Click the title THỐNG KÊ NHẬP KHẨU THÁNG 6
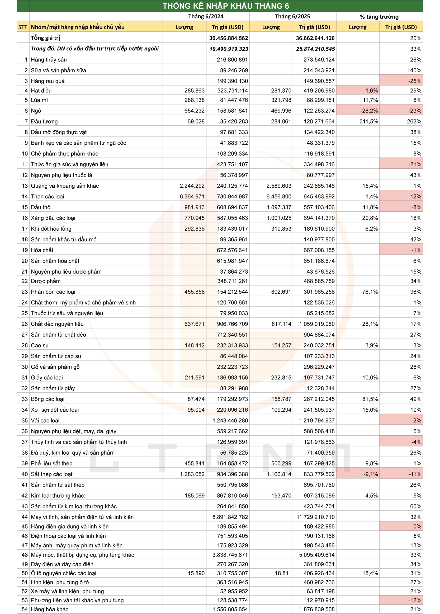pos(226,6)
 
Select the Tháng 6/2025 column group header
pos(292,17)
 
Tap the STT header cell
pos(23,27)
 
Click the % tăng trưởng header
pos(379,17)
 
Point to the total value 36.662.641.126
pos(315,38)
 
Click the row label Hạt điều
pos(41,91)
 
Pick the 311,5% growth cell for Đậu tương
pos(368,122)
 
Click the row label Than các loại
pos(48,197)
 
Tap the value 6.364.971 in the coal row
pos(192,197)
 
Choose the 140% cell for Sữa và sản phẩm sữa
pos(414,70)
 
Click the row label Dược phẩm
pos(46,281)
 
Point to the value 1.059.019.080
pos(317,324)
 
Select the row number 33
pos(25,399)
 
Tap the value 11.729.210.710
pos(315,517)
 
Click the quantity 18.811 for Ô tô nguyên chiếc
pos(283,573)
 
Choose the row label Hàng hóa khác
pos(50,609)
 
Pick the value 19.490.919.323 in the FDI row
pos(229,49)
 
